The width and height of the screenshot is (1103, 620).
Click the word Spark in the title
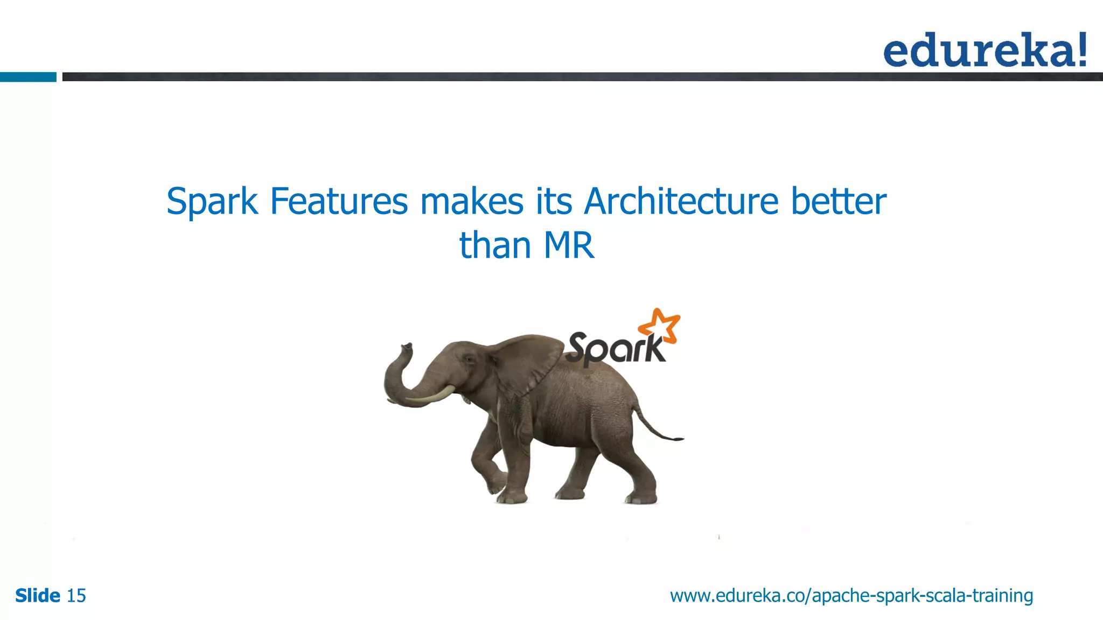[x=212, y=202]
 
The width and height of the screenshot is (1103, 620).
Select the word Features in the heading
[x=339, y=202]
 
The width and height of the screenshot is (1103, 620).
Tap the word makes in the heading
[x=472, y=202]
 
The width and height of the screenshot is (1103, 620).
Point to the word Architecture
[x=681, y=202]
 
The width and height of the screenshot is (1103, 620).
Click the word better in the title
[x=838, y=202]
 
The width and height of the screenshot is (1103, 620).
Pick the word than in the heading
[x=495, y=246]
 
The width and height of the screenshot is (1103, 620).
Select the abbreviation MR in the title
[x=569, y=246]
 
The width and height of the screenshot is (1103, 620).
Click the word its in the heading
[x=554, y=202]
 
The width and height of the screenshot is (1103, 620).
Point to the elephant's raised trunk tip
[x=406, y=347]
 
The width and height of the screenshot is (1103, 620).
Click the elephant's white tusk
[x=431, y=397]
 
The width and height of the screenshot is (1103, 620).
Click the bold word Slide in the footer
[x=38, y=596]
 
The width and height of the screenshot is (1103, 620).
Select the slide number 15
[x=76, y=596]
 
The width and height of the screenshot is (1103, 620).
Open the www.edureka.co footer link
[x=851, y=596]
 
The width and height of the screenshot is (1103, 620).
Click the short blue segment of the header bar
[x=28, y=77]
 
